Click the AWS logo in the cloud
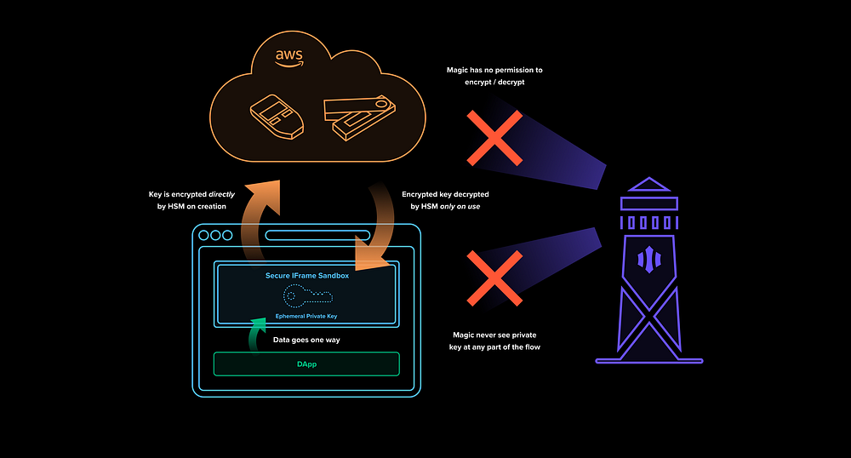pyautogui.click(x=289, y=57)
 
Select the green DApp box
pyautogui.click(x=306, y=364)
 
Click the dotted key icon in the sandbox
pyautogui.click(x=307, y=295)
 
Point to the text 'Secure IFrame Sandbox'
pyautogui.click(x=307, y=276)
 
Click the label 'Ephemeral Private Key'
pyautogui.click(x=307, y=315)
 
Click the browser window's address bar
pyautogui.click(x=317, y=236)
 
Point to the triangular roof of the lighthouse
pyautogui.click(x=649, y=186)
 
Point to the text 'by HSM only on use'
pyautogui.click(x=446, y=207)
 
